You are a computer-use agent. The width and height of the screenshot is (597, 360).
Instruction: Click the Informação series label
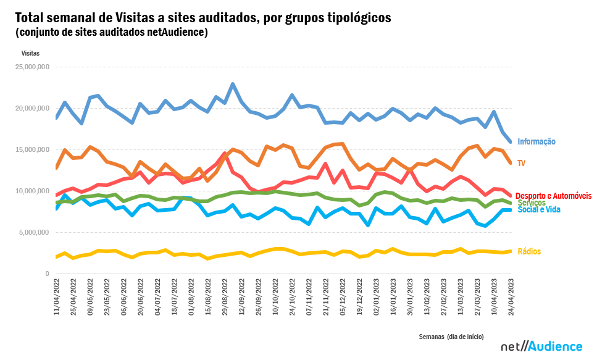[536, 141]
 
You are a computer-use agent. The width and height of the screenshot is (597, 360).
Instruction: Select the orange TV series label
[522, 163]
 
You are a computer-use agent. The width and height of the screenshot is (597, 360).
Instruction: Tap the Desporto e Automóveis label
[553, 195]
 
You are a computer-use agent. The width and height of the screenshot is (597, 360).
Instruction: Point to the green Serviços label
[531, 203]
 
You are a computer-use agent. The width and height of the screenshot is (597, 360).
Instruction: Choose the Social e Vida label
[539, 210]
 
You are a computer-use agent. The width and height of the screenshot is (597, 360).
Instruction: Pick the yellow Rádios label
[529, 251]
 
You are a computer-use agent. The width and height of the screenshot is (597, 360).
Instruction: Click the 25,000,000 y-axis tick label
[31, 67]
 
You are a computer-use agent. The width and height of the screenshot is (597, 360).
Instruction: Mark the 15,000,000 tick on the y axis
[31, 149]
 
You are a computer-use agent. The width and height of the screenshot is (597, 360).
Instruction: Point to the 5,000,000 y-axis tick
[33, 233]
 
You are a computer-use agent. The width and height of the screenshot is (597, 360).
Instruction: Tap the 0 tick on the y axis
[47, 274]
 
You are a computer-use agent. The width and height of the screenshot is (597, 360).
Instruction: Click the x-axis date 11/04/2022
[56, 298]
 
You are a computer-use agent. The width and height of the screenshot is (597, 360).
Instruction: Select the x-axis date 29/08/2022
[225, 298]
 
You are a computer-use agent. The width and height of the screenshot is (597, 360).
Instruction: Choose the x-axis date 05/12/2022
[343, 298]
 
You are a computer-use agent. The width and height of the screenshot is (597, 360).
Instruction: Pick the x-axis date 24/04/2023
[511, 298]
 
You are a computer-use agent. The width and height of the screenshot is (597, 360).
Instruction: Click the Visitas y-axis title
[30, 54]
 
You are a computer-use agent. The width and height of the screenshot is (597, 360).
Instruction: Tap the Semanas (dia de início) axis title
[451, 337]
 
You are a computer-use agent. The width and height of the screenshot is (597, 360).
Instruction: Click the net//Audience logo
[541, 346]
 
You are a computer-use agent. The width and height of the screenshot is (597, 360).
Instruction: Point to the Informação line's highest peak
[233, 84]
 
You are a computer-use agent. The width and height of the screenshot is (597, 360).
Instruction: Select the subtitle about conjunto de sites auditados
[112, 32]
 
